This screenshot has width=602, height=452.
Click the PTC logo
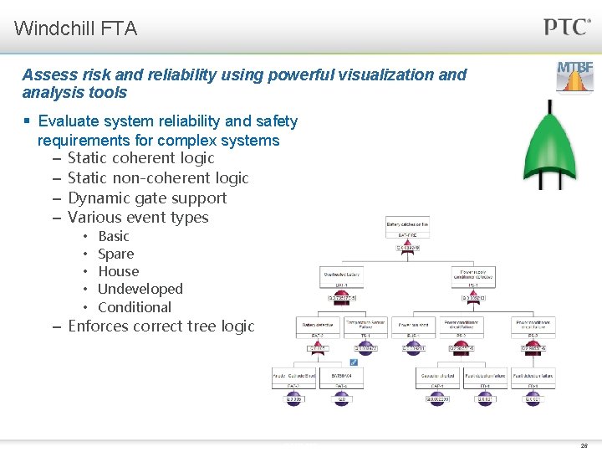tap(568, 26)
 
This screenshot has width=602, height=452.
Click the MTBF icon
tap(575, 76)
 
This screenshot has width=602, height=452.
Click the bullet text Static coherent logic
tap(140, 158)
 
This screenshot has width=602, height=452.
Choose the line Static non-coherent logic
tap(158, 177)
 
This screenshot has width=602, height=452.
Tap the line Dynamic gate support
tap(146, 198)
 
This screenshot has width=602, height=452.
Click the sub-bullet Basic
tap(114, 236)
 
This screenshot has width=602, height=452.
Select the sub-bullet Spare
tap(115, 254)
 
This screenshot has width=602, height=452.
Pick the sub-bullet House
tap(118, 271)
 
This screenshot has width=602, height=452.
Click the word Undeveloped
tap(140, 289)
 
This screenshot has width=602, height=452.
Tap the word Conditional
tap(134, 307)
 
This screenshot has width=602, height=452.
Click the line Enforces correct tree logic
tap(161, 326)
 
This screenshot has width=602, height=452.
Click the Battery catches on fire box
tap(406, 224)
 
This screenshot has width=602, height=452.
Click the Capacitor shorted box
tap(437, 378)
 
